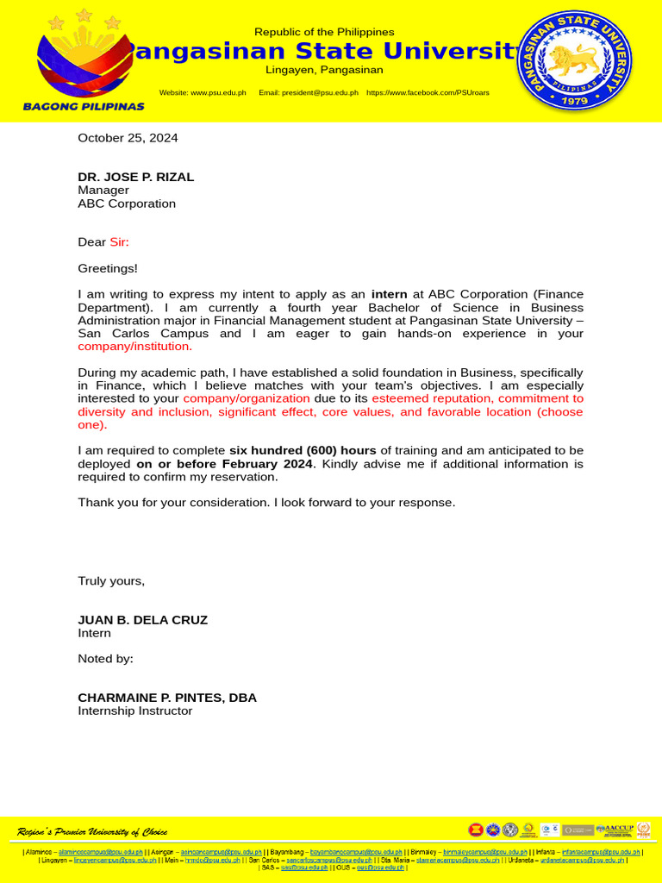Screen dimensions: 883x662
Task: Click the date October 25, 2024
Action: [x=128, y=137]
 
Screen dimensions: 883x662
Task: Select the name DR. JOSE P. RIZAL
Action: [x=135, y=177]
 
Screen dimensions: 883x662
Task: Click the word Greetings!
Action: [x=107, y=269]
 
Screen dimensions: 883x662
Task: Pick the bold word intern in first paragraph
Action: [x=389, y=294]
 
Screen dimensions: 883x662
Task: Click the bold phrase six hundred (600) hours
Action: [x=303, y=450]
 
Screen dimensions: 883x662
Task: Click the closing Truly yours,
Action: [x=111, y=580]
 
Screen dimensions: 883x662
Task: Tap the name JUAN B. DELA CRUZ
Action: [x=142, y=620]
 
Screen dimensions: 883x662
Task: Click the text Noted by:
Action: [x=105, y=659]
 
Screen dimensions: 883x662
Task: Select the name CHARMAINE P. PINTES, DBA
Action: [x=167, y=698]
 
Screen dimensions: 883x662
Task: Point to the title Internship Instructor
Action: [x=134, y=711]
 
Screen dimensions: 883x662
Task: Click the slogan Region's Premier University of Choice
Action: [x=92, y=831]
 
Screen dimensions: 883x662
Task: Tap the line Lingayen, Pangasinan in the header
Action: [x=324, y=70]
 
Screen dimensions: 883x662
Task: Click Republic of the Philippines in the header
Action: [x=324, y=32]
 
